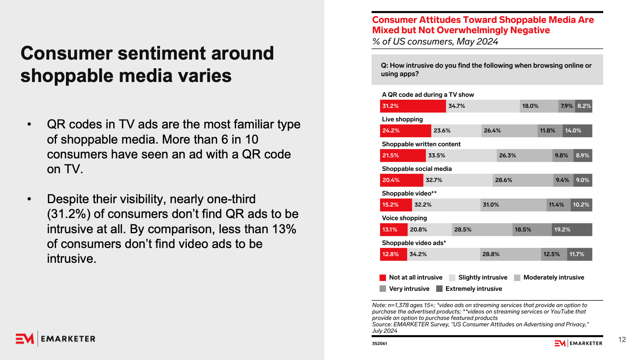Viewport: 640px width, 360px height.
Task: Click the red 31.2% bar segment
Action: (413, 106)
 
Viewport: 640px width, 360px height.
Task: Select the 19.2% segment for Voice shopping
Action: (572, 230)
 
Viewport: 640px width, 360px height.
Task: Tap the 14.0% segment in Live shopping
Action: (577, 131)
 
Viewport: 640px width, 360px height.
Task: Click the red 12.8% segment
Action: (393, 254)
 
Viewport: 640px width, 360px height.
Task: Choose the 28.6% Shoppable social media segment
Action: (523, 180)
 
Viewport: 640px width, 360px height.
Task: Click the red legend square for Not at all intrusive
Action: (383, 278)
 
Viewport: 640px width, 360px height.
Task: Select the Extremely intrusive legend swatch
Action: (439, 289)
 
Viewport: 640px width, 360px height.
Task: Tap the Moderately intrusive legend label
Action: (554, 278)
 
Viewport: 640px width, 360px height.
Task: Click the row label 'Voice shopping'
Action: (404, 218)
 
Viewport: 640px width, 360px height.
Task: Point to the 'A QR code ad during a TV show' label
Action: (428, 95)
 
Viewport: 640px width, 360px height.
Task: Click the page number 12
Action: (622, 340)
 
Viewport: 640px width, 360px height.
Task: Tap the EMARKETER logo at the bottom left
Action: (56, 339)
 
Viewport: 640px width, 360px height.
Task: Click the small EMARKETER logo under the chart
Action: (578, 343)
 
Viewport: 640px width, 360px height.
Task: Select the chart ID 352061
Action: (379, 344)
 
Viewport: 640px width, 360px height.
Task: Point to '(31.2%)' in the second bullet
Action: (69, 214)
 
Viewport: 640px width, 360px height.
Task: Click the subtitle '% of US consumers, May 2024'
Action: (435, 42)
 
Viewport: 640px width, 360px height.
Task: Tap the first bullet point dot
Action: (29, 124)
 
